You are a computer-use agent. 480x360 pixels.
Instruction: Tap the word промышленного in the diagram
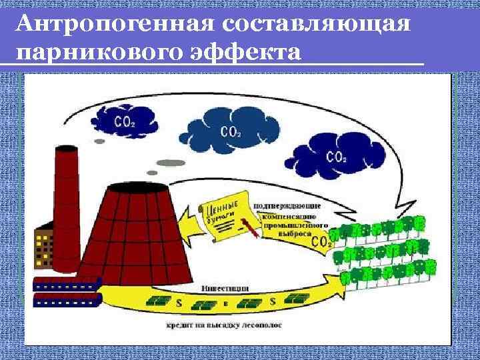tap(295, 225)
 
